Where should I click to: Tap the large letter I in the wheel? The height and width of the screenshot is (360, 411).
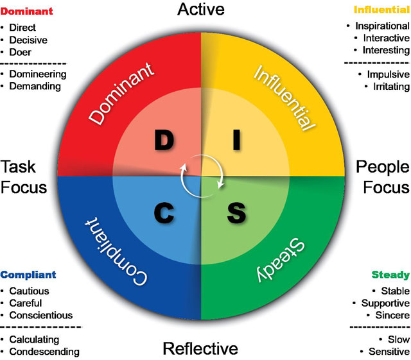click(x=236, y=140)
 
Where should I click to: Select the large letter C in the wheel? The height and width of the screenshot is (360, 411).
click(x=165, y=212)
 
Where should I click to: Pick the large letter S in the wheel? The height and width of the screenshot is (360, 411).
click(x=236, y=212)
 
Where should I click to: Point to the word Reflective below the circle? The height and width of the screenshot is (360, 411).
click(x=200, y=348)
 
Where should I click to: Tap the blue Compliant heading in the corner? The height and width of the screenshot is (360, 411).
click(x=28, y=275)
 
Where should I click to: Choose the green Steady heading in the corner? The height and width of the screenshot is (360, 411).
click(x=390, y=275)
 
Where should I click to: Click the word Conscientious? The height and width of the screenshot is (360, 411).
click(x=40, y=315)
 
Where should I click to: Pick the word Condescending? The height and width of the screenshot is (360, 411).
click(x=44, y=351)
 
